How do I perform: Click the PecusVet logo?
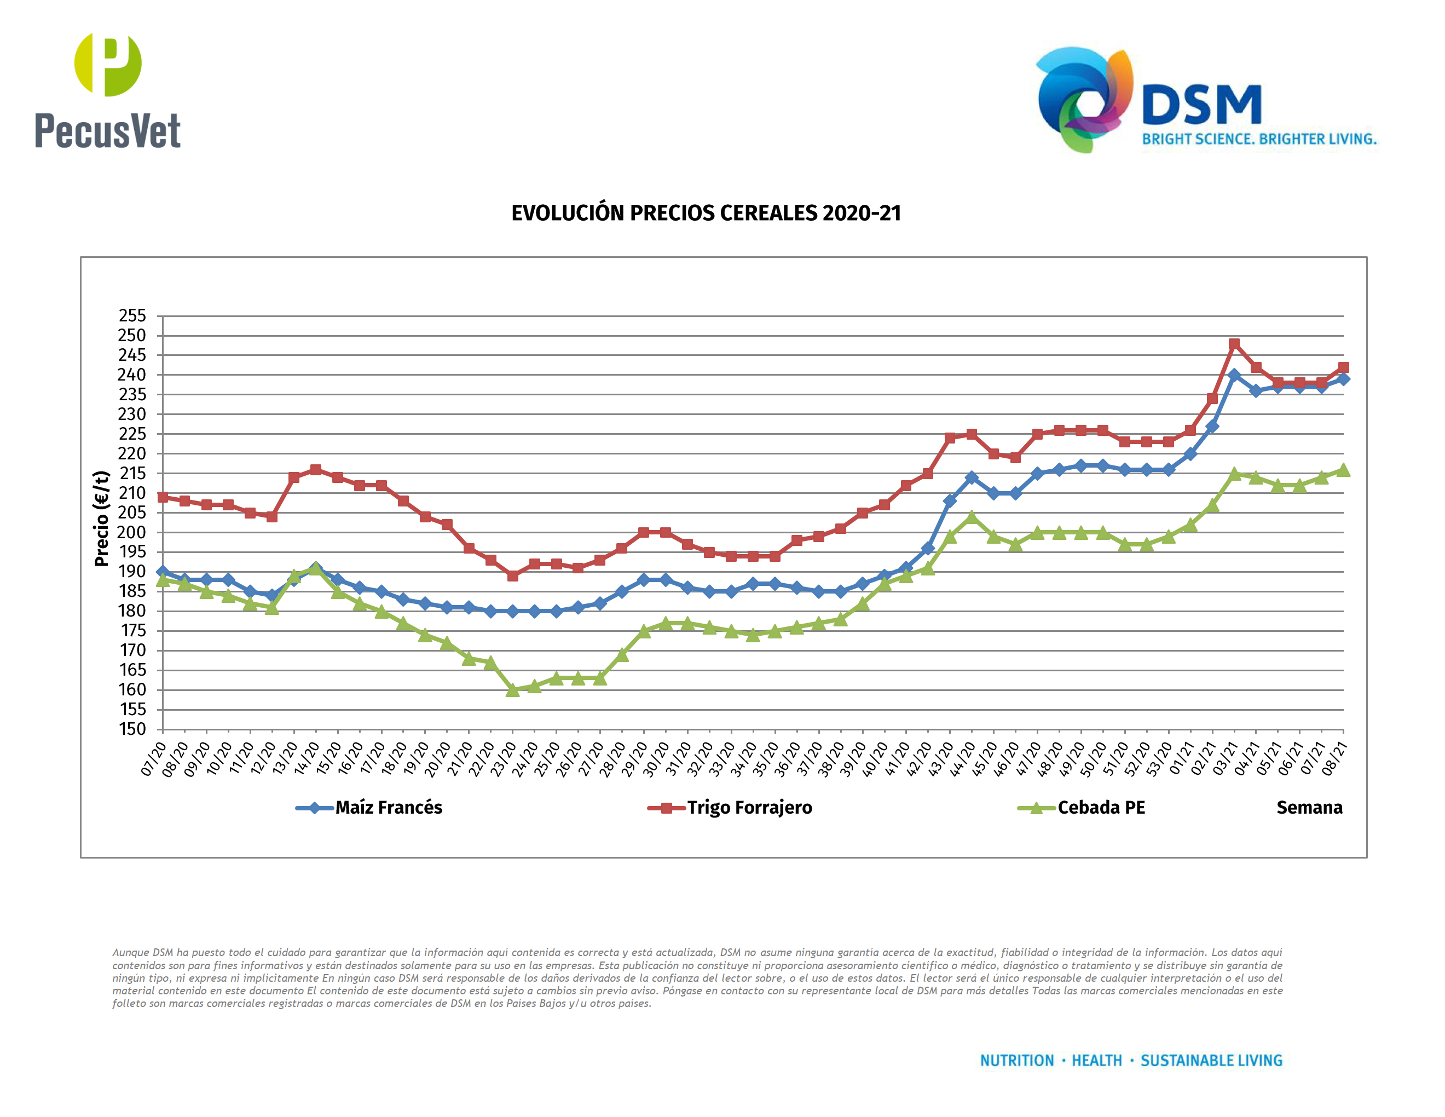tap(107, 91)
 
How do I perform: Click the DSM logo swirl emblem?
tap(1084, 99)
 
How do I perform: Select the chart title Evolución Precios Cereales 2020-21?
tap(706, 213)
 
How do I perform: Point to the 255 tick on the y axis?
tap(132, 315)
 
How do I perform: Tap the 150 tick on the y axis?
tap(132, 729)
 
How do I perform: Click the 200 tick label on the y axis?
tap(132, 532)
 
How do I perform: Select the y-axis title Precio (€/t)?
tap(101, 519)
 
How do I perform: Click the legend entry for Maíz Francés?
tap(389, 807)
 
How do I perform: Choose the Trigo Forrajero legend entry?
tap(749, 807)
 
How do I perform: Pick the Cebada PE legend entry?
tap(1101, 807)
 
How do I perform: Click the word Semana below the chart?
tap(1309, 807)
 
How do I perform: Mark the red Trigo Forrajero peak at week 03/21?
tap(1234, 344)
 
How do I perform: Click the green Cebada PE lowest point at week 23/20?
tap(512, 690)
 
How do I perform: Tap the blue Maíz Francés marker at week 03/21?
tap(1234, 375)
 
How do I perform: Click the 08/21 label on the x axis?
tap(1334, 758)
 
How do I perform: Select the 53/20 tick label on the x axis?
tap(1159, 758)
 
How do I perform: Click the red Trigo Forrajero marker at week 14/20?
tap(316, 470)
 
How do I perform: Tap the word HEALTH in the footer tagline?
tap(1096, 1061)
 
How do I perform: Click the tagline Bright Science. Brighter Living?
tap(1259, 139)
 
